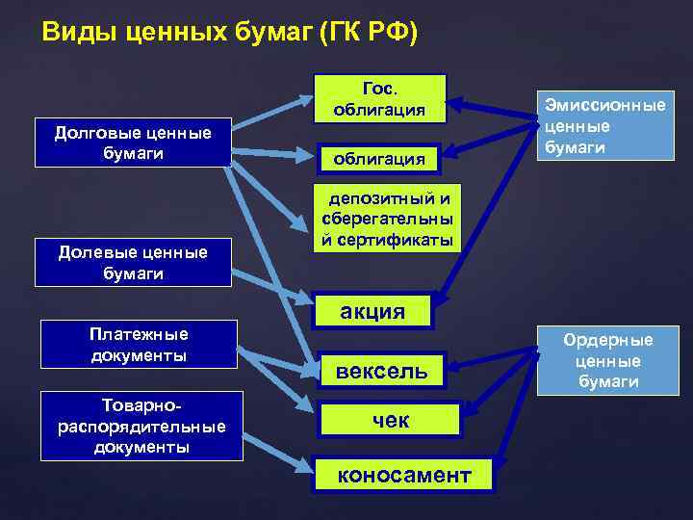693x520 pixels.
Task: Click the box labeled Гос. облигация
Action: (382, 97)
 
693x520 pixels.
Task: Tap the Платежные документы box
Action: (139, 345)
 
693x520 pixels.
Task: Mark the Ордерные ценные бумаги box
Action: (607, 360)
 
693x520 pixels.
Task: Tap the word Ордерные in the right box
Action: (608, 340)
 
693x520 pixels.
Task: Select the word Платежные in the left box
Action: (139, 334)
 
